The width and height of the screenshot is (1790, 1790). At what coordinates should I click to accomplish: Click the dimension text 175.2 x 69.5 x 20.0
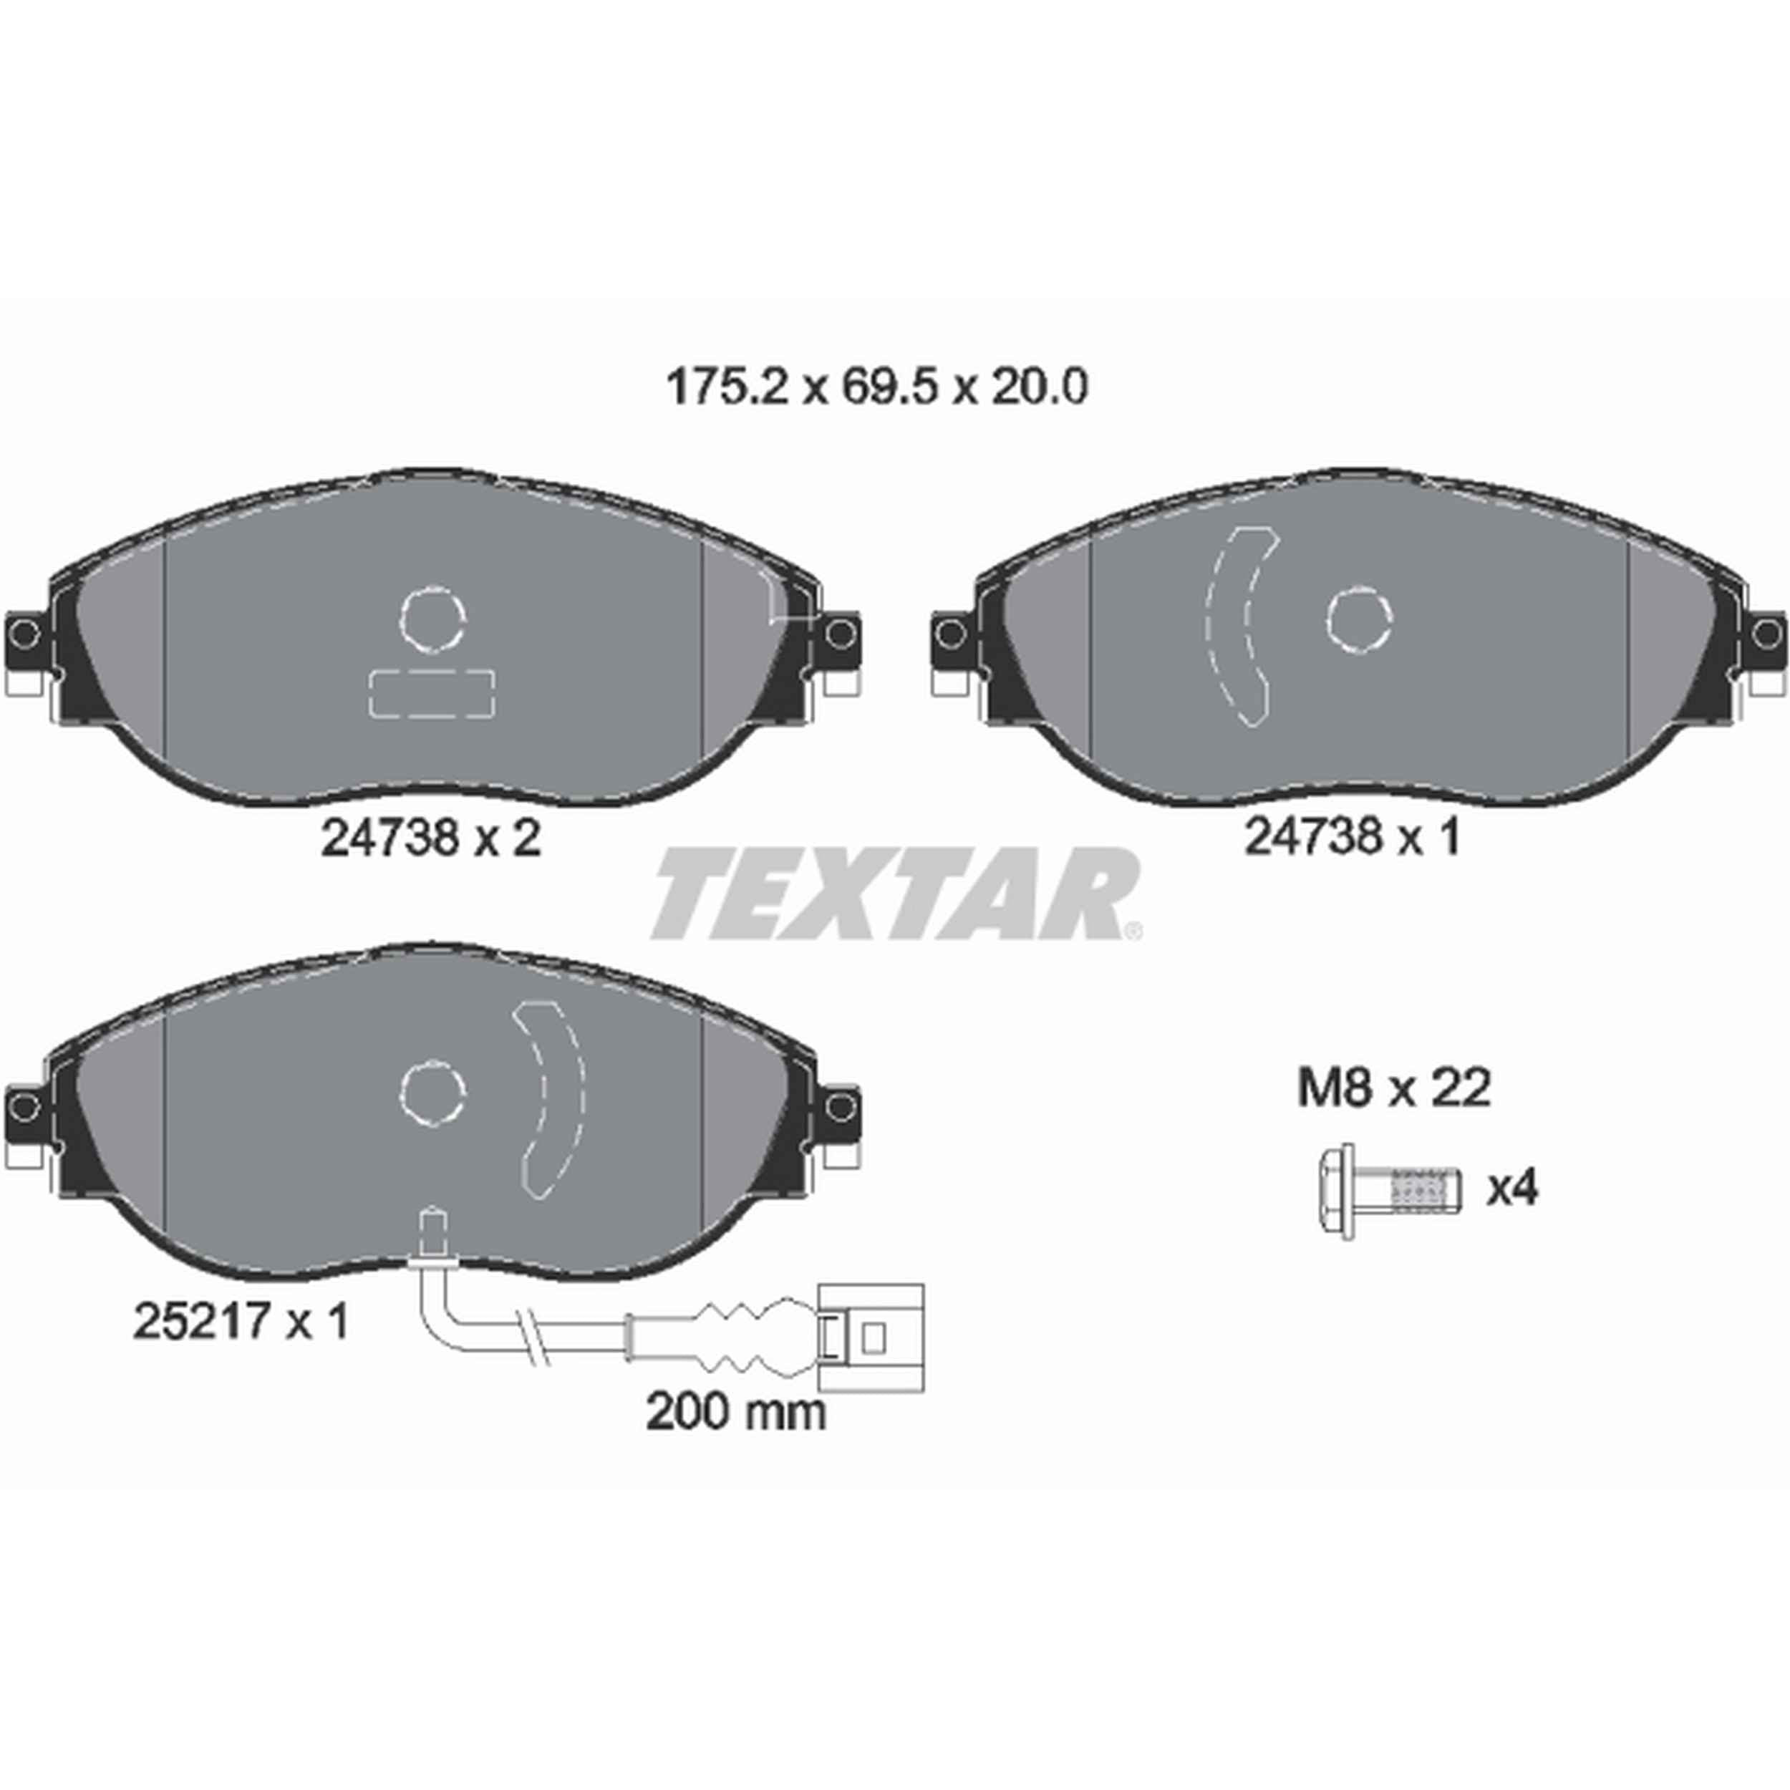(876, 388)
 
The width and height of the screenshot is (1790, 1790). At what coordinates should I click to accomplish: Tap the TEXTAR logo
(895, 894)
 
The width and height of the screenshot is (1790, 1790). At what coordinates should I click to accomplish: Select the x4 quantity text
(1512, 1189)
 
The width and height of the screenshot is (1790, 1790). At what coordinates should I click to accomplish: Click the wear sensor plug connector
(870, 1336)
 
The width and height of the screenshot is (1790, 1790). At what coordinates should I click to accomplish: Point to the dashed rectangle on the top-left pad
(432, 693)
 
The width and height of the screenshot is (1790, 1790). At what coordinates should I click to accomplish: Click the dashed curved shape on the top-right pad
(1241, 626)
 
